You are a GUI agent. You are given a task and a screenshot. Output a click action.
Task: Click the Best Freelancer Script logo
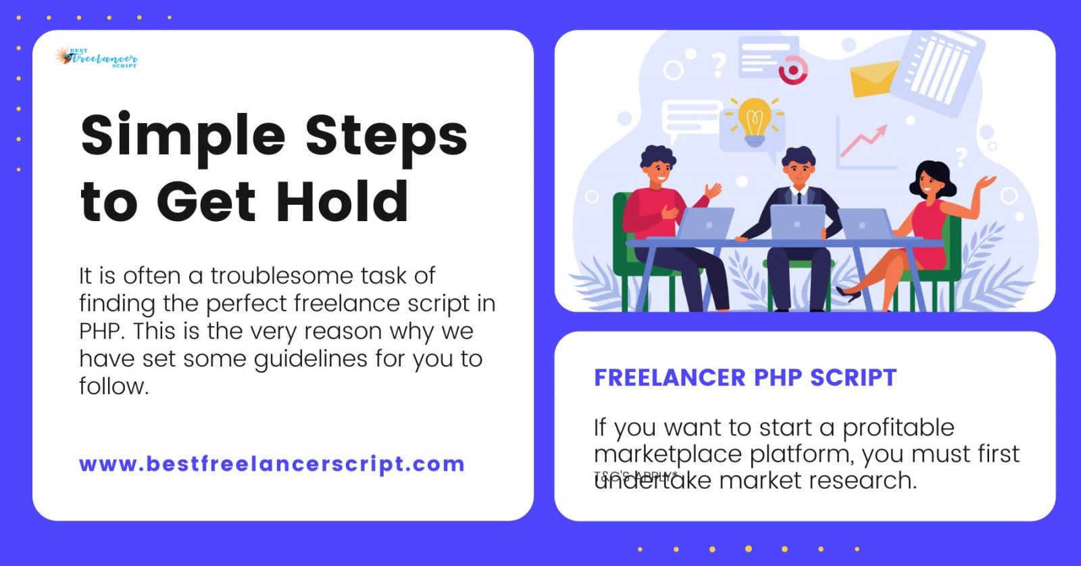coord(96,58)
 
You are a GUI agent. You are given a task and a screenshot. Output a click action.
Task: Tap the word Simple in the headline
coord(182,135)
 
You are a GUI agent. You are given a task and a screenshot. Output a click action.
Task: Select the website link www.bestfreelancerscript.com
coord(272,465)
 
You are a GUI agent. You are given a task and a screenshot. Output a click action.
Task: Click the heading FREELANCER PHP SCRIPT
coord(745,377)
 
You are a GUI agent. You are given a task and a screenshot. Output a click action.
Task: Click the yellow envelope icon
coord(873,79)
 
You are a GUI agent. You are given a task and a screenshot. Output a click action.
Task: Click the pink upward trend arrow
coord(865,139)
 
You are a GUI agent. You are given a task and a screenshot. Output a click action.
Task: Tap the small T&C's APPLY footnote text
coord(635,475)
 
